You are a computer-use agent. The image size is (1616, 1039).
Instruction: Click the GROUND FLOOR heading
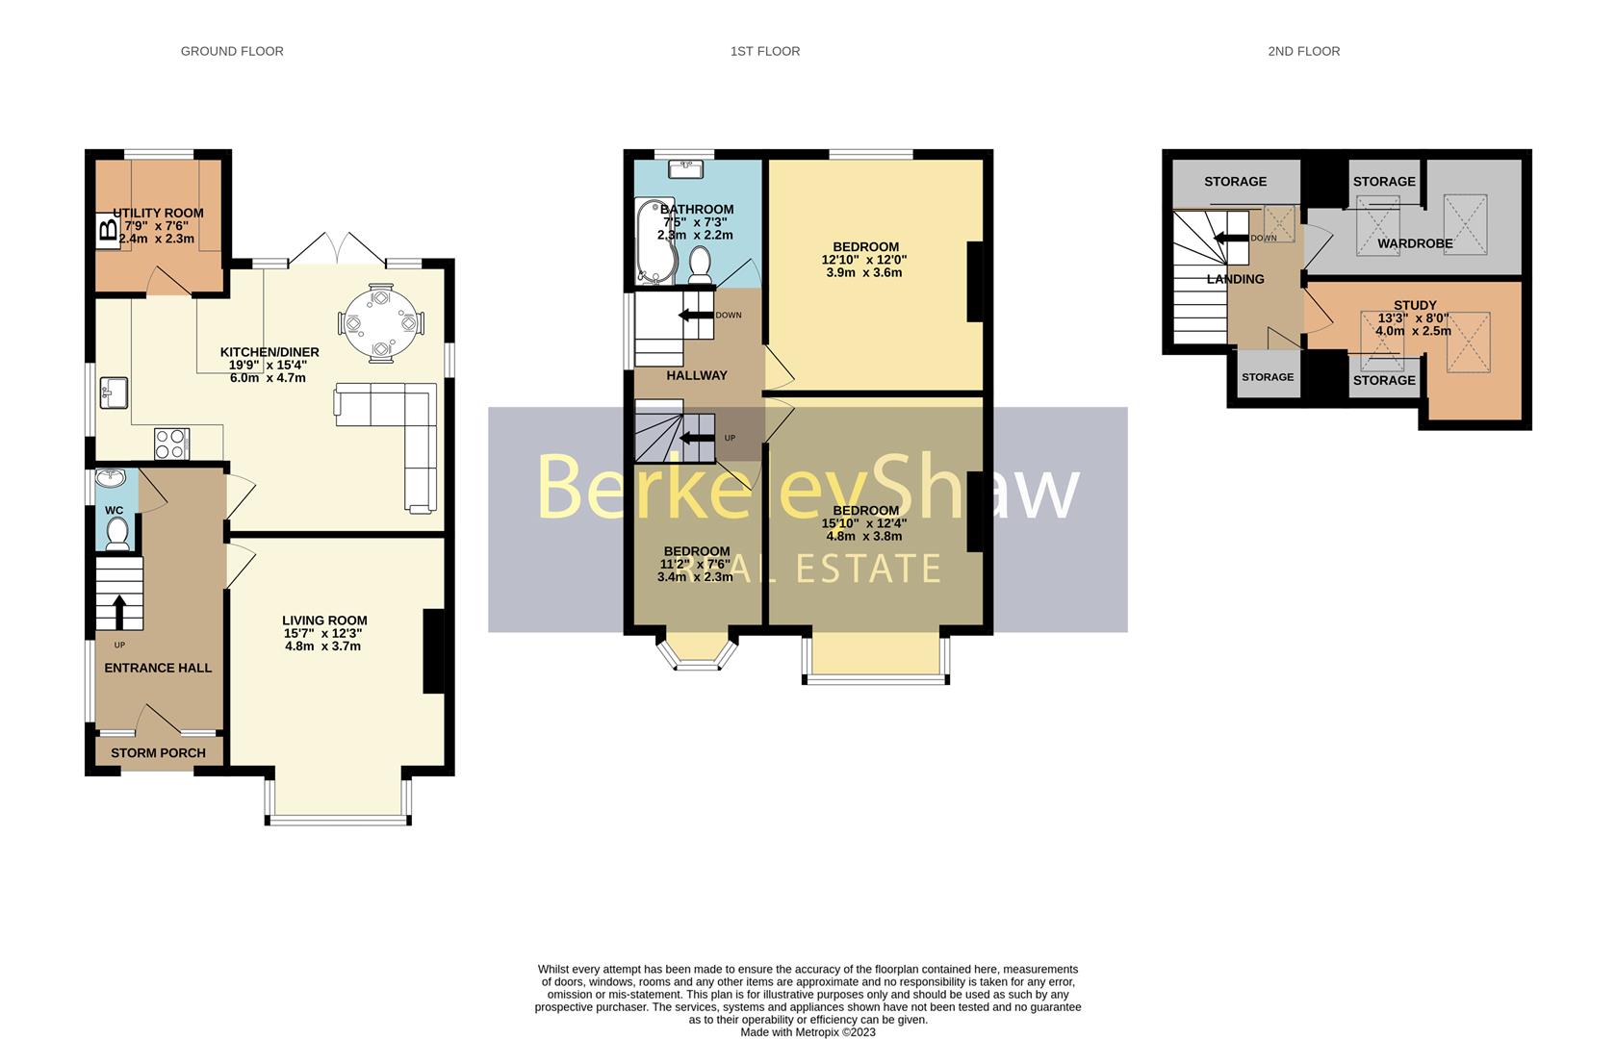point(232,51)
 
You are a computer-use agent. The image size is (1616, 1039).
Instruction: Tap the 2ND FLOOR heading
point(1303,51)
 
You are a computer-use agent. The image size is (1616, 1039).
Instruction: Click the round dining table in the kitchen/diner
point(381,323)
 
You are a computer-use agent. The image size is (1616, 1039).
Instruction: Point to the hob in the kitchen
point(171,443)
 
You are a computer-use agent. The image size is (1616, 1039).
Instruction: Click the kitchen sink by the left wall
point(115,393)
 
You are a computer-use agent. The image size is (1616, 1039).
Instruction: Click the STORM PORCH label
point(158,752)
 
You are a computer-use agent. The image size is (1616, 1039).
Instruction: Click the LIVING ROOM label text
point(324,621)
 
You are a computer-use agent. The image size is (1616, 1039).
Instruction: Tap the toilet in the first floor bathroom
point(700,263)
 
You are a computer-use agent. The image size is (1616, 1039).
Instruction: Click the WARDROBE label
point(1414,243)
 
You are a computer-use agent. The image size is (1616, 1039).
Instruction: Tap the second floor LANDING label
point(1235,279)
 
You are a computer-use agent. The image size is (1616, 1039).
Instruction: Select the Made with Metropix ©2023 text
point(808,1032)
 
